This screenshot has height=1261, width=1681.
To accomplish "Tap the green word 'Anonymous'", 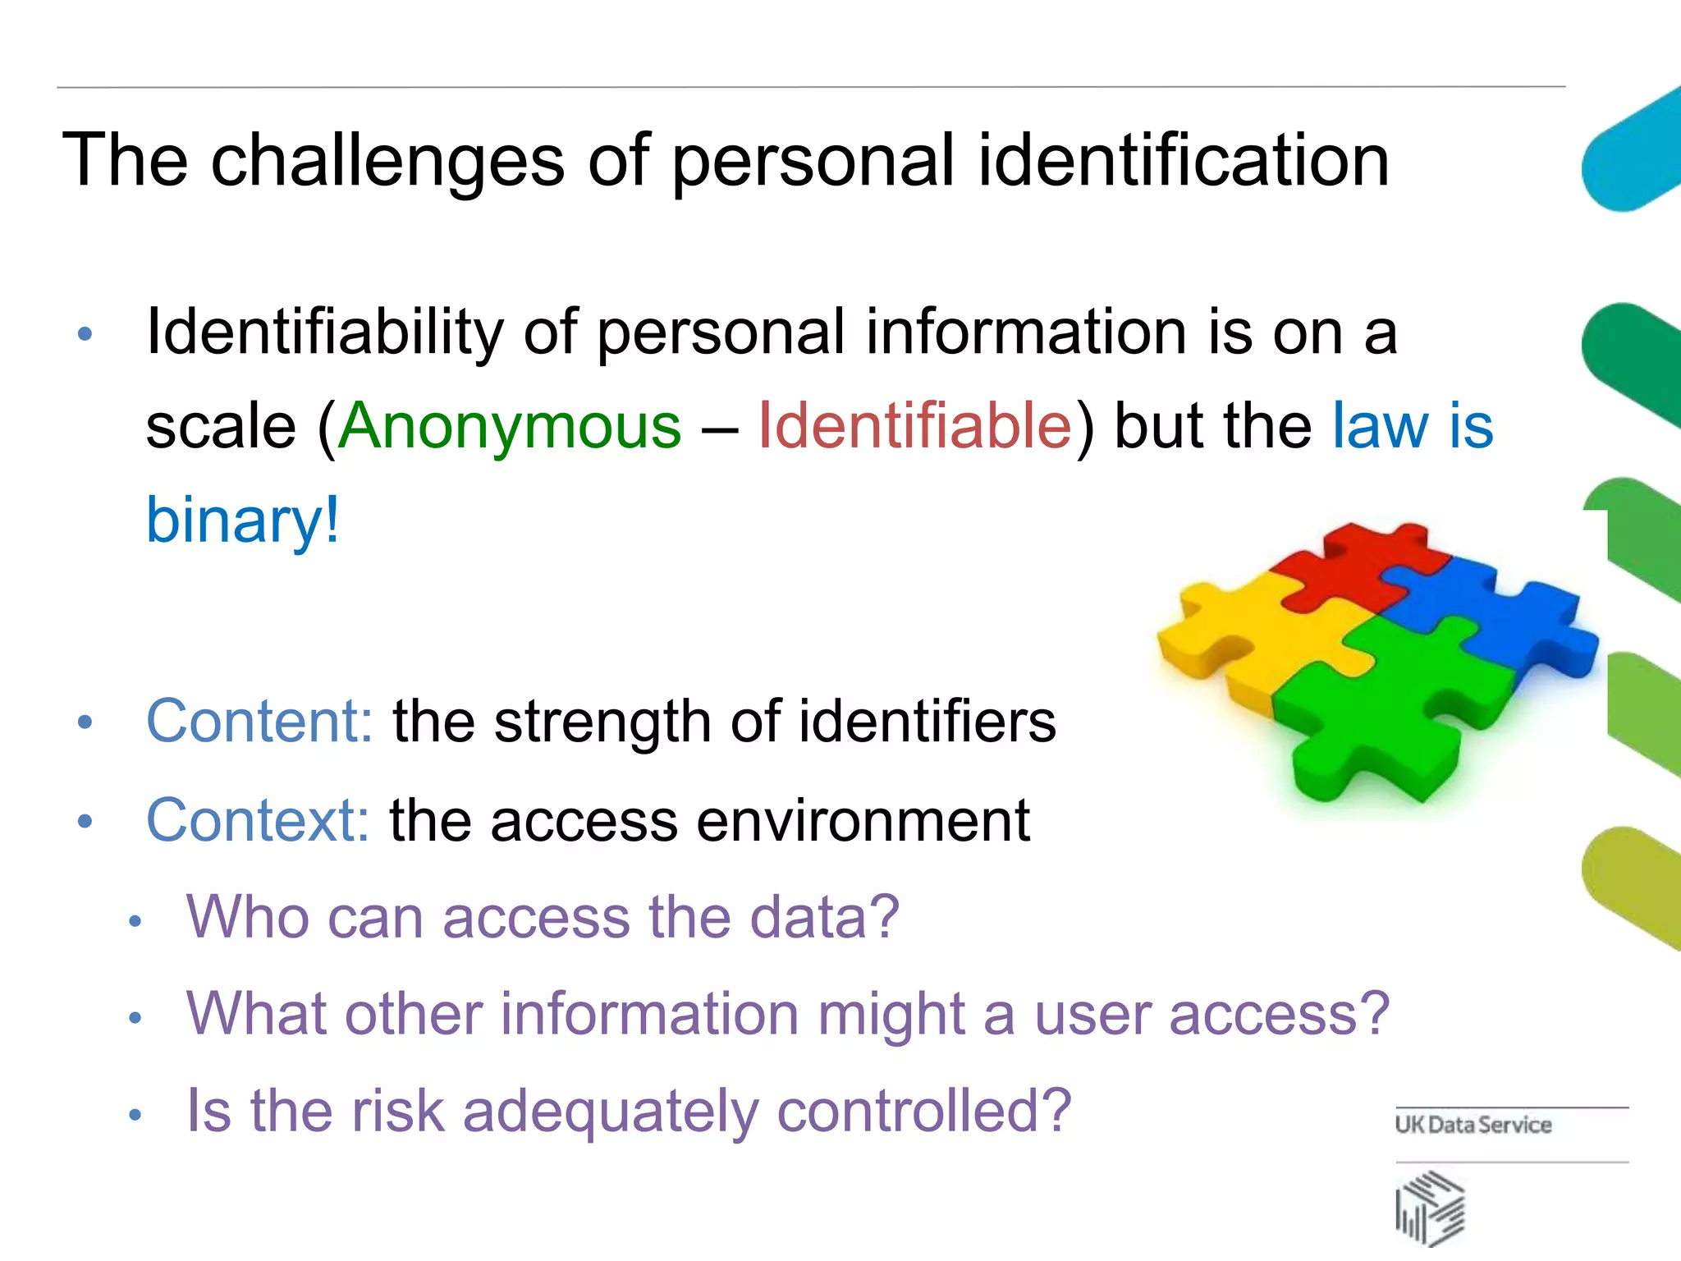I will coord(509,427).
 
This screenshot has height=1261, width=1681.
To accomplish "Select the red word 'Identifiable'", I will coord(914,427).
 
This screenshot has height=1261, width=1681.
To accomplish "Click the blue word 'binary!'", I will coord(242,520).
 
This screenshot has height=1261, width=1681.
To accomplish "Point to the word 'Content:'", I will coord(259,721).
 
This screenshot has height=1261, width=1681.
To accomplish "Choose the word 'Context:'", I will coord(258,819).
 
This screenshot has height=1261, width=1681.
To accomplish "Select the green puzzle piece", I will coord(1395,706).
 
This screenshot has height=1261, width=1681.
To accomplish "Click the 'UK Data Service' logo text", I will coord(1473,1125).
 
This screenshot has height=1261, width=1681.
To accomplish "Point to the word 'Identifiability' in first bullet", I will coord(325,333).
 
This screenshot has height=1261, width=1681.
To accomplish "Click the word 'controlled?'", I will coord(924,1110).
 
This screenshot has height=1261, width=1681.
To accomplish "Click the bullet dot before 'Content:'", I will coord(85,722).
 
